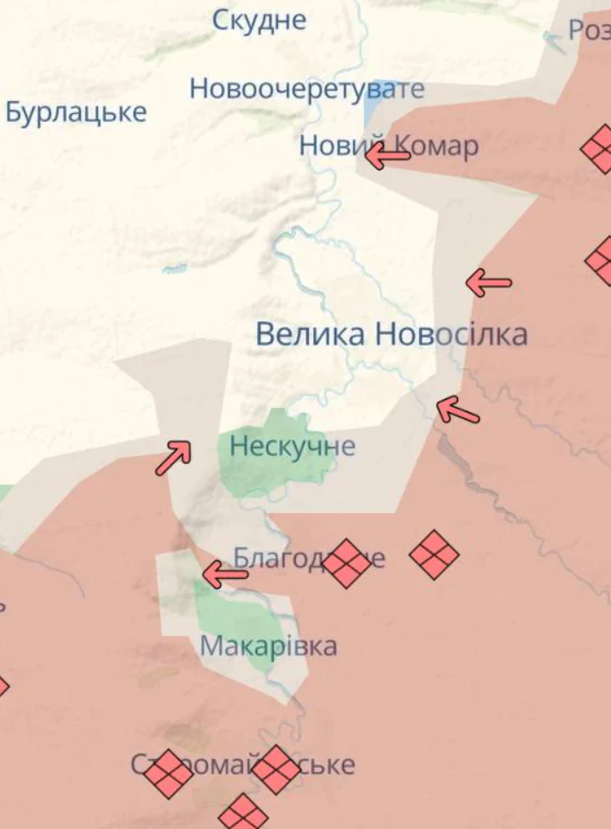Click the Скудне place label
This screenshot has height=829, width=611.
260,19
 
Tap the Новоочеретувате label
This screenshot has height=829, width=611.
306,89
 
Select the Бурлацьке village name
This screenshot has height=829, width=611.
75,112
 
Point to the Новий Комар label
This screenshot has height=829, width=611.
389,146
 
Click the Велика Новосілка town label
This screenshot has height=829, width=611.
392,334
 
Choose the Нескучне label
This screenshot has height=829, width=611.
292,447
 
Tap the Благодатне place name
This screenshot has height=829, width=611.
308,558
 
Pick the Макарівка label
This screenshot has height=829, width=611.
268,647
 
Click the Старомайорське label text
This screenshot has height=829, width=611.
243,764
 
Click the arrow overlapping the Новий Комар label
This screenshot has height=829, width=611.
387,156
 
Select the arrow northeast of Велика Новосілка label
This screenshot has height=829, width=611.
488,282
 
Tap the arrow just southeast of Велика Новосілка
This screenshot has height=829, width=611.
457,410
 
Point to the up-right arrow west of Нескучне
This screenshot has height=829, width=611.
174,457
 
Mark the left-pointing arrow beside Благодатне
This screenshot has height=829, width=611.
225,575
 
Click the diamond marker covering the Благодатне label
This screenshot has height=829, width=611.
347,563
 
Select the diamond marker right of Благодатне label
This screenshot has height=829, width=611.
435,554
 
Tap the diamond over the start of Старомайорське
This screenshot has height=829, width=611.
168,774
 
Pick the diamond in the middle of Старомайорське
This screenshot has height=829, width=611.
277,769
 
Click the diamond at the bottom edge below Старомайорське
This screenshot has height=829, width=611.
243,813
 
